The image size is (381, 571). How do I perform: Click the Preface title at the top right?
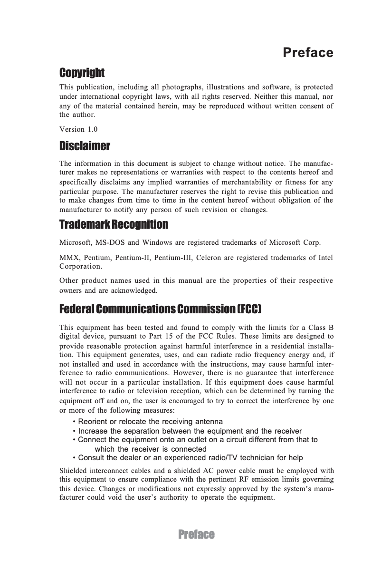pos(307,52)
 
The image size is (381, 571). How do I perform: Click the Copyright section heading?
pos(82,73)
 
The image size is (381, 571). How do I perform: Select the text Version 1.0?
pos(78,129)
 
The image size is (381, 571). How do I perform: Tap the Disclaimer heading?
pos(85,145)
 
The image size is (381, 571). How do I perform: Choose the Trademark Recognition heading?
pos(114,224)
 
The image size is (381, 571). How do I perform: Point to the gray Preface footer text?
pos(196,534)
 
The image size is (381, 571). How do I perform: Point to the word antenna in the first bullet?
pos(209,422)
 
